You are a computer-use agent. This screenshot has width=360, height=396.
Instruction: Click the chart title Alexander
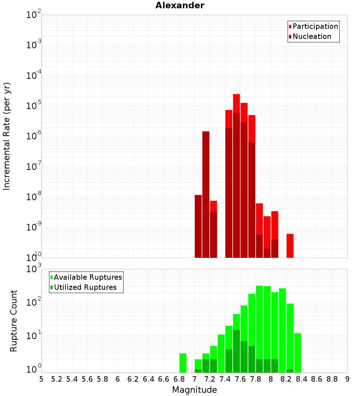click(x=180, y=6)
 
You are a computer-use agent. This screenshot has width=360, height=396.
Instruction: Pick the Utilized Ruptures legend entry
click(x=85, y=287)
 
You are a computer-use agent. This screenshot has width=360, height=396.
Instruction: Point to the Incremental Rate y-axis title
click(x=7, y=136)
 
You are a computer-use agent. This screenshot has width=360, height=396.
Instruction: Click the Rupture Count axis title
click(x=14, y=321)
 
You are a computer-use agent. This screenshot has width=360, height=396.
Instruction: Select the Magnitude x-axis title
click(x=194, y=390)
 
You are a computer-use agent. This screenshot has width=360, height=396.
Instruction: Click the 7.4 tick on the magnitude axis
click(x=225, y=379)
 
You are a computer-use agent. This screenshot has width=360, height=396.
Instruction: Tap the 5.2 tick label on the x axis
click(x=57, y=379)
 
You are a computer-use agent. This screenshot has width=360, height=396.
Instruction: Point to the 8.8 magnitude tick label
click(x=332, y=379)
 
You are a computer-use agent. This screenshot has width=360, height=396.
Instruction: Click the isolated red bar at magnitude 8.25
click(x=290, y=246)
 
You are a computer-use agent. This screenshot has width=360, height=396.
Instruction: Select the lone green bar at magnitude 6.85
click(x=183, y=363)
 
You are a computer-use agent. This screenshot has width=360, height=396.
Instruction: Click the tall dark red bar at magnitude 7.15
click(x=206, y=194)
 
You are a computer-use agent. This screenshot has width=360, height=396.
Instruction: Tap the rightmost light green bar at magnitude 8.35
click(x=298, y=353)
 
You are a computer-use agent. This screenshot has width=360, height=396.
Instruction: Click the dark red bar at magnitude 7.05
click(x=198, y=226)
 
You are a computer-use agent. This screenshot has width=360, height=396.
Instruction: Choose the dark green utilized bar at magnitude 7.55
click(x=237, y=351)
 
